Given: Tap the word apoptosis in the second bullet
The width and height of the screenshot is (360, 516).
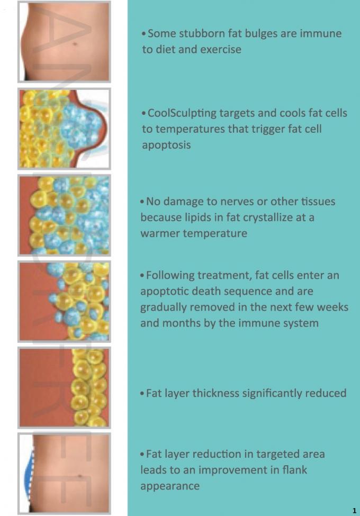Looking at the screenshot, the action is coord(166,145).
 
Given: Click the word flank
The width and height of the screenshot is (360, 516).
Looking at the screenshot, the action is coord(295,469).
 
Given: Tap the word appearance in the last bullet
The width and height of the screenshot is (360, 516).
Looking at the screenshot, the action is coord(170,486).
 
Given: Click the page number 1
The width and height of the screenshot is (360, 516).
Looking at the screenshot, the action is coord(354,510).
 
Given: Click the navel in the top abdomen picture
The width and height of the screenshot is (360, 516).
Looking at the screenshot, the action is coord(75,43).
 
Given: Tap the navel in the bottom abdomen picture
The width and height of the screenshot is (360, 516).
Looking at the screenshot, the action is coord(80,476).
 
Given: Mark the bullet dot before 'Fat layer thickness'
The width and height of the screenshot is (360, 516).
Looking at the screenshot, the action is coord(142,393).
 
